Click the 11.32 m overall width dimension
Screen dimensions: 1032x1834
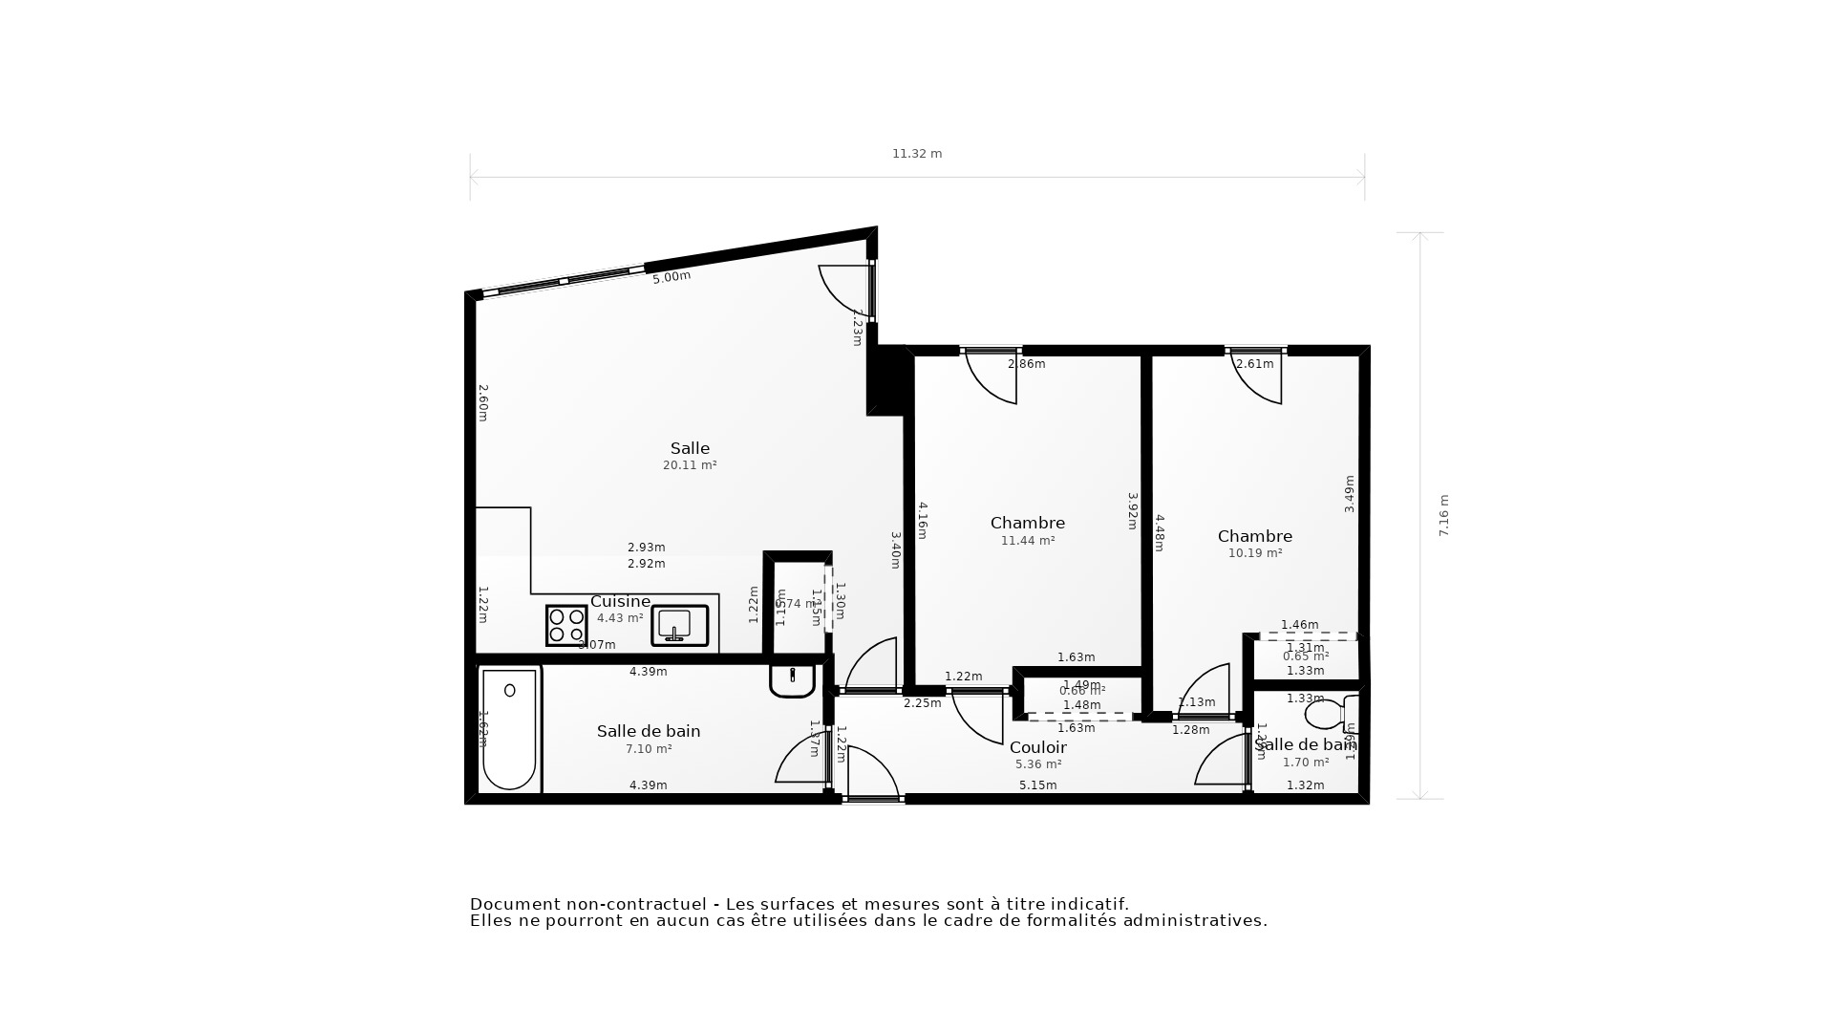pyautogui.click(x=916, y=154)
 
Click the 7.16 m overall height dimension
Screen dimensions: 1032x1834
pyautogui.click(x=1443, y=515)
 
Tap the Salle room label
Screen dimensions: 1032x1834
pyautogui.click(x=689, y=448)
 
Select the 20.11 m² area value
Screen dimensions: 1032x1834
pyautogui.click(x=689, y=465)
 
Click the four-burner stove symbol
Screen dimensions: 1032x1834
pyautogui.click(x=566, y=626)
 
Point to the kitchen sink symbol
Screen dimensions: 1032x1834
pyautogui.click(x=679, y=626)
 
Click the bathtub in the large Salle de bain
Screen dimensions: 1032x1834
pyautogui.click(x=509, y=729)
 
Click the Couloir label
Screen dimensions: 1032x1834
pyautogui.click(x=1037, y=747)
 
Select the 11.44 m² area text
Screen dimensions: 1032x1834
pyautogui.click(x=1027, y=541)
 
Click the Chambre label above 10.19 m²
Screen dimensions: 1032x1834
pyautogui.click(x=1254, y=536)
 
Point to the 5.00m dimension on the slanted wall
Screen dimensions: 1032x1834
pyautogui.click(x=671, y=277)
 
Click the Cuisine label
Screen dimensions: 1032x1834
pyautogui.click(x=620, y=601)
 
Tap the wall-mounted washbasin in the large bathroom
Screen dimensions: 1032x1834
pyautogui.click(x=792, y=680)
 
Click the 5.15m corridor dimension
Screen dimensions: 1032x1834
pyautogui.click(x=1037, y=785)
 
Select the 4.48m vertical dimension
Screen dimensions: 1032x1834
pyautogui.click(x=1159, y=532)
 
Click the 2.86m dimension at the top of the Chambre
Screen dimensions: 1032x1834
pyautogui.click(x=1026, y=364)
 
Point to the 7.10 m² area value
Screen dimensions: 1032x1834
pyautogui.click(x=649, y=749)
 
